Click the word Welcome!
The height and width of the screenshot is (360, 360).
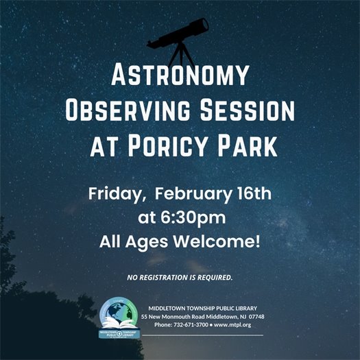coord(222,242)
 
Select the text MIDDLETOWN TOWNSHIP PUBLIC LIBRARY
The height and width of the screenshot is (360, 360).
coord(202,307)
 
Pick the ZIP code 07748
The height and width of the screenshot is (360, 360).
coord(255,316)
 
